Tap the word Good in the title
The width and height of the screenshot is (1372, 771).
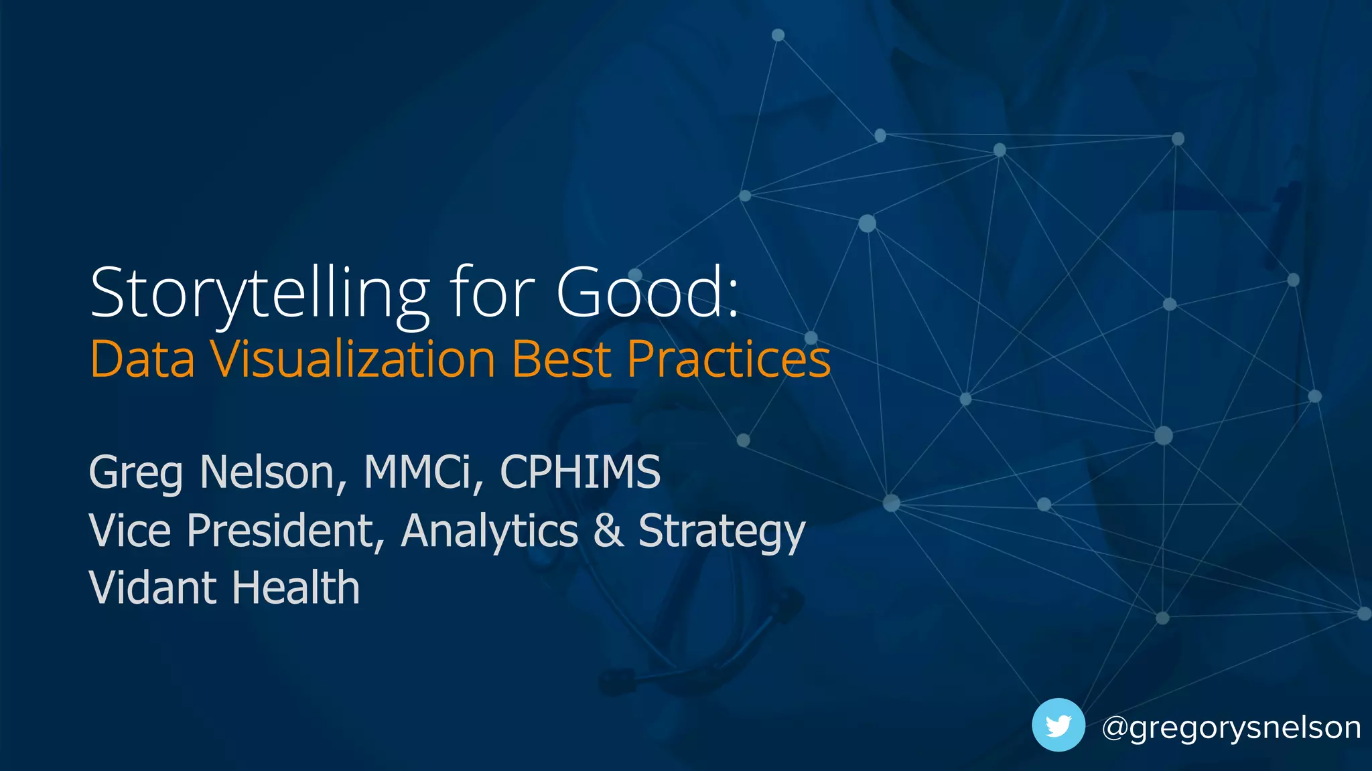[x=642, y=293]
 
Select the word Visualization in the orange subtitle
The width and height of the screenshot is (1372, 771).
[x=353, y=359]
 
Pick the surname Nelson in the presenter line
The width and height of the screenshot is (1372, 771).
[x=272, y=473]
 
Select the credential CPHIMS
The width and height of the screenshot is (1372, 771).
[x=580, y=473]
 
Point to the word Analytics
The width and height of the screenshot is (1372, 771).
[x=489, y=531]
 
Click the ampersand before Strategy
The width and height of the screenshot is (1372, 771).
[x=608, y=531]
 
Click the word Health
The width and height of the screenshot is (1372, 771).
[x=296, y=588]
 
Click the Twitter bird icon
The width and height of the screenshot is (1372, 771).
[x=1058, y=725]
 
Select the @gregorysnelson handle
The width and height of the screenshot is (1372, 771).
[x=1231, y=727]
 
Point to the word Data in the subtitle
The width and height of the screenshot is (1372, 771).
[x=142, y=359]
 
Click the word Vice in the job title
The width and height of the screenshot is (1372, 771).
[x=130, y=531]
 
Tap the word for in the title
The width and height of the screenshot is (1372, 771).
[x=492, y=293]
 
